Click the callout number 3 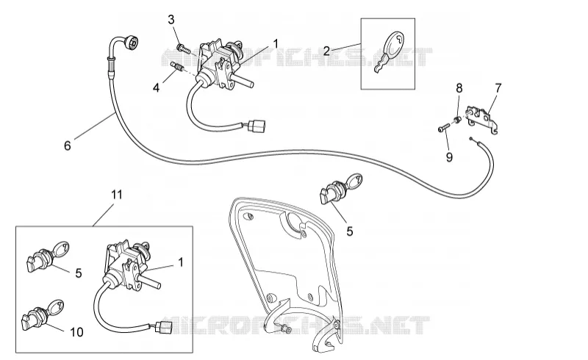171,20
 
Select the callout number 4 156,88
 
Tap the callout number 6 68,145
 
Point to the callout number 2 326,51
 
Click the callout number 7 498,88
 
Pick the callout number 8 459,88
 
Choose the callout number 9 449,157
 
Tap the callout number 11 117,195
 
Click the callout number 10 76,332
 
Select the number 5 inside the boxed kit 79,273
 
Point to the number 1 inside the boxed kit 181,262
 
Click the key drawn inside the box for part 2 389,51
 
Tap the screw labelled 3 183,48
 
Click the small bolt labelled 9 443,128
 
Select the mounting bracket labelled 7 482,119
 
